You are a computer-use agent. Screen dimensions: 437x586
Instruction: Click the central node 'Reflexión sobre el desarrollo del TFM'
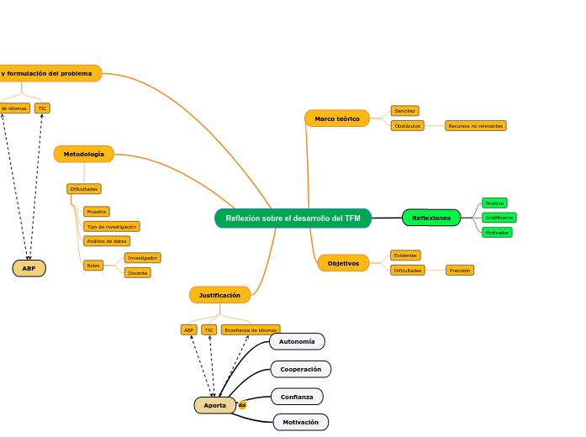tap(293, 218)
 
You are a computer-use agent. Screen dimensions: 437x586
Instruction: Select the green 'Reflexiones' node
tap(431, 218)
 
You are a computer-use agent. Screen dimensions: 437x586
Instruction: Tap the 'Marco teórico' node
tap(337, 118)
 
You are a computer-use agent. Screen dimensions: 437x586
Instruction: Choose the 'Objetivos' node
tap(343, 263)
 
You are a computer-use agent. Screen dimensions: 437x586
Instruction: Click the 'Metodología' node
tap(84, 154)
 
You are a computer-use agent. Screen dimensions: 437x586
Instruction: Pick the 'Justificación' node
tap(219, 295)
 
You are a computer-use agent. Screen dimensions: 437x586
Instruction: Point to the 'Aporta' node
tap(215, 405)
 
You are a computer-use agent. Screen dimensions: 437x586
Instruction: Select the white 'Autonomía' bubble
tap(297, 341)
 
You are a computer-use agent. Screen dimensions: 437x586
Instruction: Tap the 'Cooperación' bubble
tap(300, 369)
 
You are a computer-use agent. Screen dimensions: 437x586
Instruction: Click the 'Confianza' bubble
tap(297, 397)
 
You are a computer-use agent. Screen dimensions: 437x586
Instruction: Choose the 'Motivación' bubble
tap(300, 422)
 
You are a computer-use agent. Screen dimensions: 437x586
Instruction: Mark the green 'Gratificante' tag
tap(499, 218)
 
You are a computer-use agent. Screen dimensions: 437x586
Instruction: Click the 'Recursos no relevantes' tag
tap(476, 126)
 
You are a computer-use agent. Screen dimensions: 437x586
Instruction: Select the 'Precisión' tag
tap(460, 271)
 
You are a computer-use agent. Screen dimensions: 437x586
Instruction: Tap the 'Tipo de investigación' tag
tap(112, 227)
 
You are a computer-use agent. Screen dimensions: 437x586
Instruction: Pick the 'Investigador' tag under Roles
tap(142, 258)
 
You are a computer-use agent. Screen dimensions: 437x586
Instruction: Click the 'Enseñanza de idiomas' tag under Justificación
tap(251, 330)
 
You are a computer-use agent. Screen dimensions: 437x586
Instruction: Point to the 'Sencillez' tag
tap(404, 111)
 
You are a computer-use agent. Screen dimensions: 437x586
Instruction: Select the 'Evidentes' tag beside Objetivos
tap(405, 255)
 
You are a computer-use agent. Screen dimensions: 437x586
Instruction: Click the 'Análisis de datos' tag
tap(107, 241)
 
